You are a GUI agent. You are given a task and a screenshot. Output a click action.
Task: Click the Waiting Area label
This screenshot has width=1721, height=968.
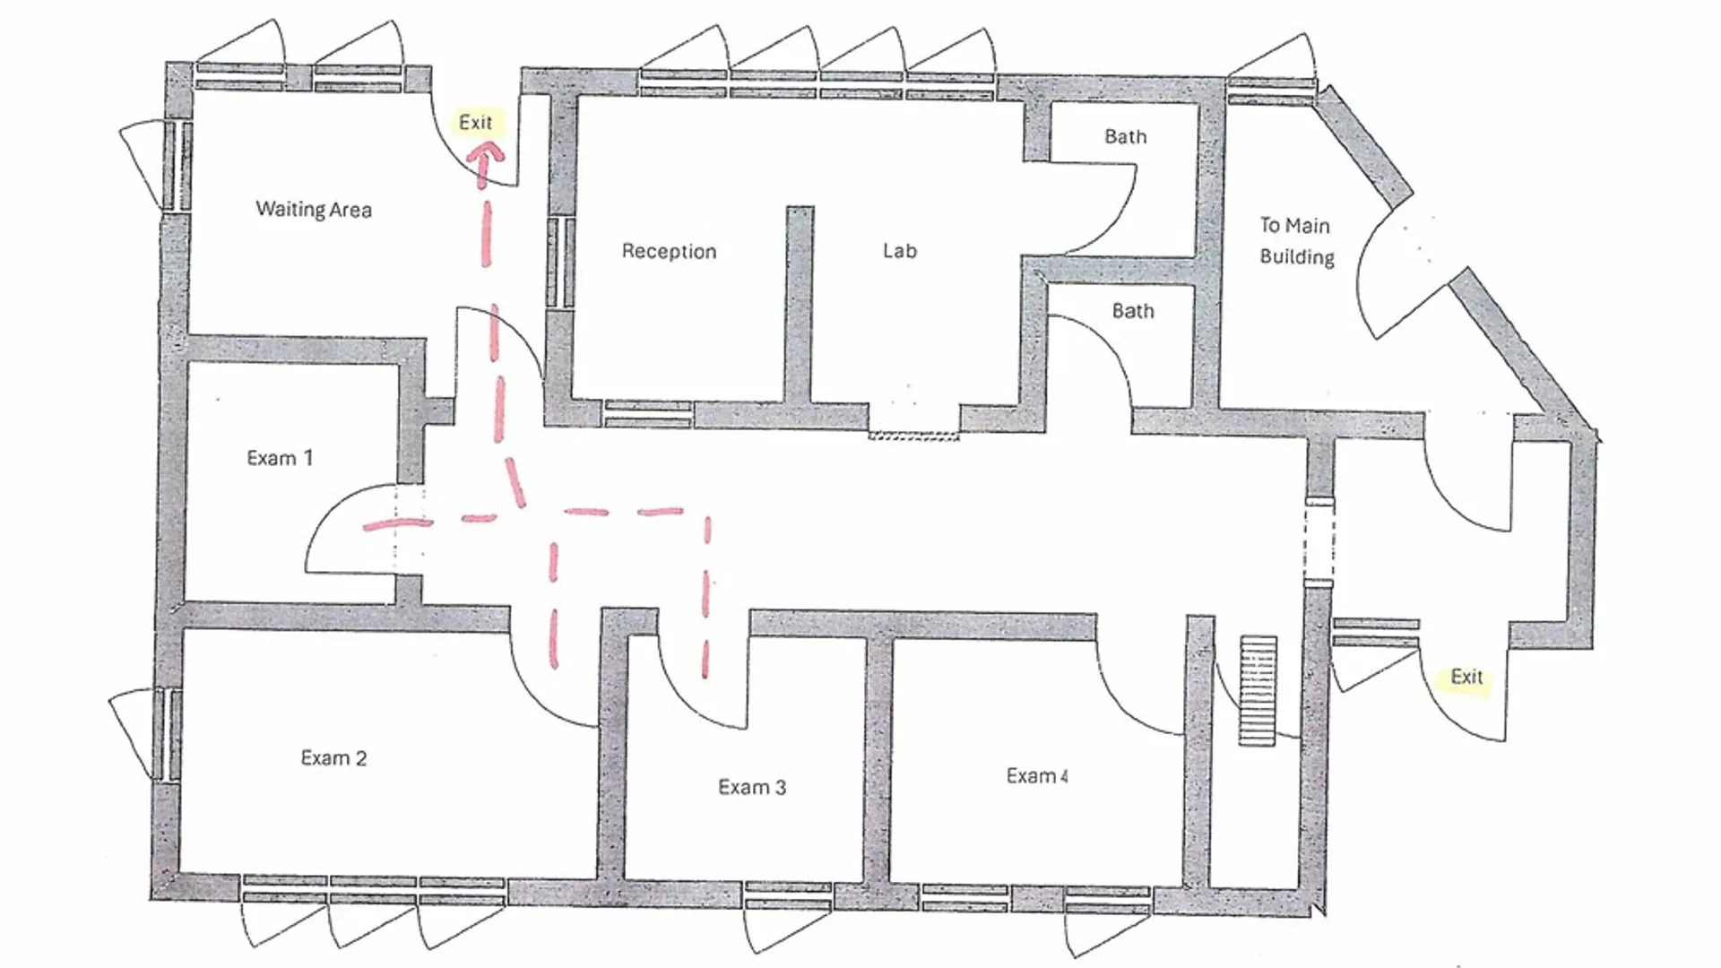(314, 210)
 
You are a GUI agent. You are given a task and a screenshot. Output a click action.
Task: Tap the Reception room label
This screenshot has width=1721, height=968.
(670, 252)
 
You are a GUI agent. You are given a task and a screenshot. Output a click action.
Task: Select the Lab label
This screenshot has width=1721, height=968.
(900, 251)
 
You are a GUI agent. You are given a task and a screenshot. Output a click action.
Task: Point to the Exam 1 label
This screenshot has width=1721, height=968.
(280, 458)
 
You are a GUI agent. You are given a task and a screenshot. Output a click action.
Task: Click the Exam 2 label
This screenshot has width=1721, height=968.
(333, 758)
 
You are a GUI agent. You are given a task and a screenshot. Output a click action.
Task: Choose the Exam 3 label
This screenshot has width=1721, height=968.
(752, 787)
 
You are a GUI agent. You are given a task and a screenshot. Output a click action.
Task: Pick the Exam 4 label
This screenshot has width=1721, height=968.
(1037, 776)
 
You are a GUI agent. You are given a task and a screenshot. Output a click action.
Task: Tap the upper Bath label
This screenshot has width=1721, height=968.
(1126, 136)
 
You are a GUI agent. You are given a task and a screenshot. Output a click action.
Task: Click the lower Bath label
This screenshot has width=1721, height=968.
(1133, 311)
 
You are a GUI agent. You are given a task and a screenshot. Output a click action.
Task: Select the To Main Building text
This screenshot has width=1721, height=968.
(1296, 241)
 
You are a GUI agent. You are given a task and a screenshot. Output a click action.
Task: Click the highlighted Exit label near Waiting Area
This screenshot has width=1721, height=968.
(476, 122)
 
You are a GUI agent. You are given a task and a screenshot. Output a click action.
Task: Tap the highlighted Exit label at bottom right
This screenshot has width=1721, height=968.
(1467, 677)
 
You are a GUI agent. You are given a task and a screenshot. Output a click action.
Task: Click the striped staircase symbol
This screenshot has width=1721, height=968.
(1258, 690)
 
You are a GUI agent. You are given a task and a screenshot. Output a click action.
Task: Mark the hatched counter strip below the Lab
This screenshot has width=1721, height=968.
(913, 436)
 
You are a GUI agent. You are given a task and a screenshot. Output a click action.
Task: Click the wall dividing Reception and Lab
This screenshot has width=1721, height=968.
(800, 305)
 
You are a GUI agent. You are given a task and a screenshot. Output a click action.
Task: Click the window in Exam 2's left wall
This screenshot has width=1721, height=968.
(167, 734)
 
